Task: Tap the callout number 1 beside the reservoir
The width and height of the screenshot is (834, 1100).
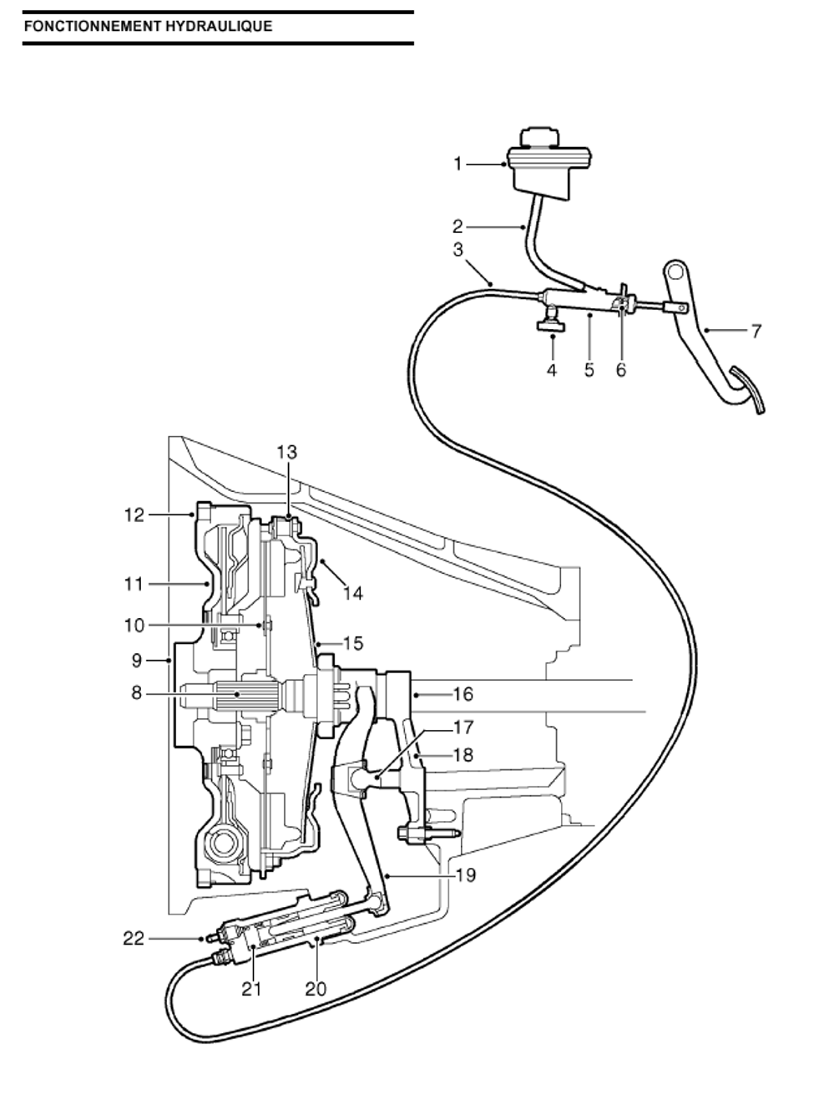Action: (457, 164)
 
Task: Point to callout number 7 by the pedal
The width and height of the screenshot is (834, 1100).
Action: (756, 331)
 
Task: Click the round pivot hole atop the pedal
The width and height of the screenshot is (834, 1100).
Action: (675, 272)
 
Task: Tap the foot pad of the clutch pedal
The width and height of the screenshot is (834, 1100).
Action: (747, 389)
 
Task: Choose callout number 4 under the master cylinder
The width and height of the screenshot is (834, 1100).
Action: (552, 370)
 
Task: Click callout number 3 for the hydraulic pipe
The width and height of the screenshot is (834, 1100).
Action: (457, 250)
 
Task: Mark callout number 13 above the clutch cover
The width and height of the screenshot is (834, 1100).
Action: (287, 452)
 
